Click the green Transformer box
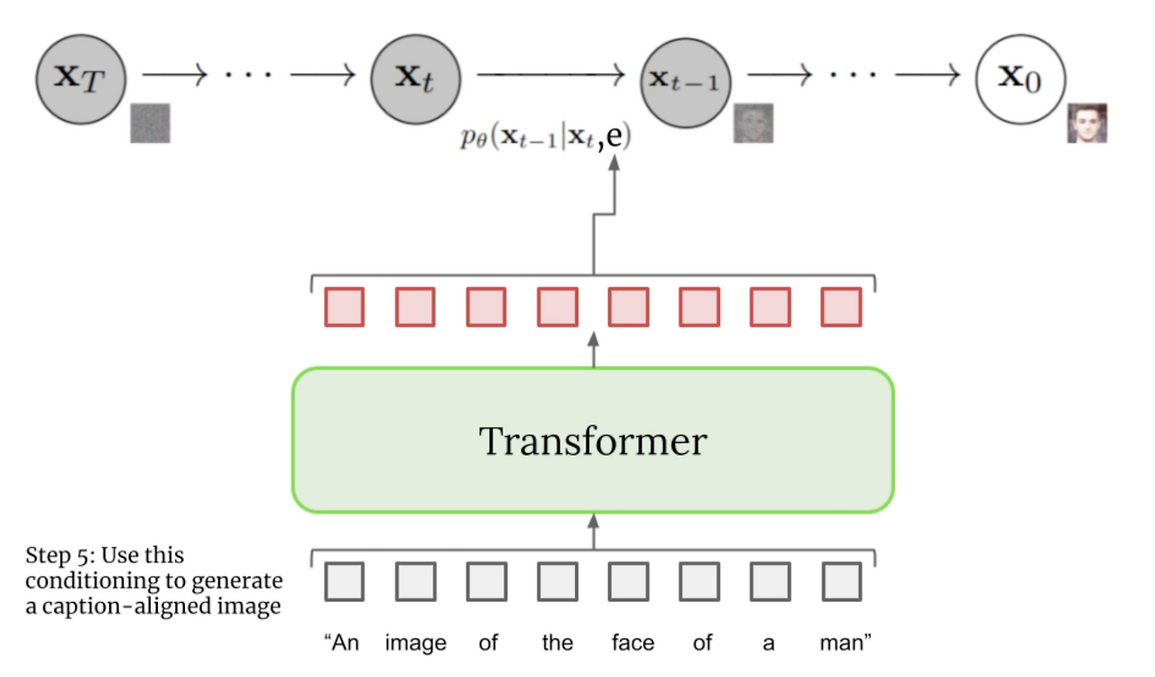593,441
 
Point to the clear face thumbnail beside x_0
1086,123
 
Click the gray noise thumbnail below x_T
150,123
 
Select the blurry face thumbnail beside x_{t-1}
753,123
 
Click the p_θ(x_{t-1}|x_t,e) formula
545,138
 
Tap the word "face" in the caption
632,643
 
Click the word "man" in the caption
845,643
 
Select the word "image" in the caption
415,643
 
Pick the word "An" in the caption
343,643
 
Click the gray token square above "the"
557,582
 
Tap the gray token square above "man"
841,582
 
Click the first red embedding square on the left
344,307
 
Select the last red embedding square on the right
841,307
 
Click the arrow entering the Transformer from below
593,531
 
